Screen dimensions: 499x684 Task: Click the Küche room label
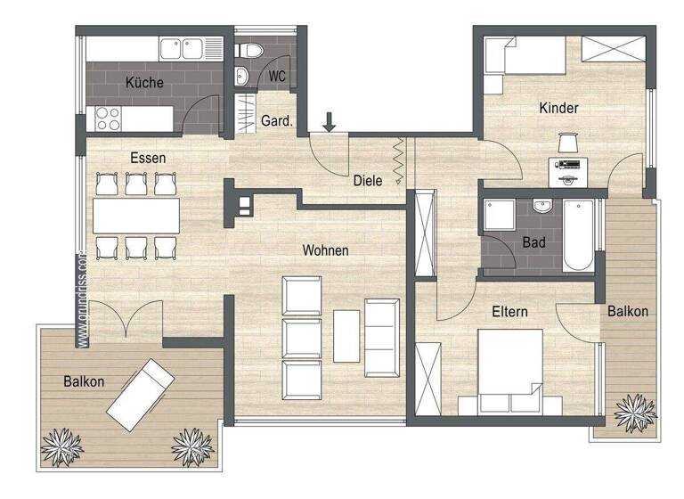tap(143, 83)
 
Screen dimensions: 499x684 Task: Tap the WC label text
tap(277, 77)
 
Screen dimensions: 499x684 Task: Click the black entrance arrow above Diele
tap(330, 122)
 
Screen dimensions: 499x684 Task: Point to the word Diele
tap(367, 180)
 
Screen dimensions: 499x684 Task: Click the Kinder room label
tap(558, 108)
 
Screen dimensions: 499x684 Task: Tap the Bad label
tap(533, 241)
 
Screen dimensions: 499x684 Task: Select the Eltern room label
tap(509, 312)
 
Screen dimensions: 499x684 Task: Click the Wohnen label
tap(324, 250)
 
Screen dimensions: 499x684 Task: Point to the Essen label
tap(148, 158)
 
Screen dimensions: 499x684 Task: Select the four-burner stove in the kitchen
tap(108, 118)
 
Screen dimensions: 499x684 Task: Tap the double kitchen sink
tap(183, 49)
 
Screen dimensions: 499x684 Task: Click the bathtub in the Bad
tap(577, 234)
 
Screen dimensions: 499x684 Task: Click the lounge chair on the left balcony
tap(141, 392)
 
